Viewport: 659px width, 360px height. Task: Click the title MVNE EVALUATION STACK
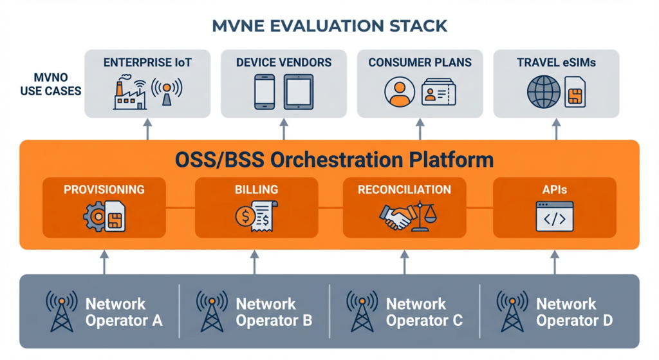[x=329, y=26]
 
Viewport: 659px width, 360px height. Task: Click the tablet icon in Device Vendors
[x=299, y=92]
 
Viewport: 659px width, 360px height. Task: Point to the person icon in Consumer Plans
[x=398, y=91]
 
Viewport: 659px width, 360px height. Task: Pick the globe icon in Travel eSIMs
[x=544, y=92]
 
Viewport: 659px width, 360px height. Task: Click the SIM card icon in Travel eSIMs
[x=575, y=92]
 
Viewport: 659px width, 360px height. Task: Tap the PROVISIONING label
[x=104, y=189]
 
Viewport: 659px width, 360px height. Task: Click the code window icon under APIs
[x=554, y=216]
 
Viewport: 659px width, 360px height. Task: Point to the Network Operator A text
[x=124, y=311]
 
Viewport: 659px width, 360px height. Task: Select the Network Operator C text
[x=423, y=311]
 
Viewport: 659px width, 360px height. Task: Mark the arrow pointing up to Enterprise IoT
[x=147, y=129]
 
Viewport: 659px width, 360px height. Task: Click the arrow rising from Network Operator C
[x=404, y=262]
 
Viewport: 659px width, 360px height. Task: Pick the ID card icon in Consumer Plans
[x=438, y=92]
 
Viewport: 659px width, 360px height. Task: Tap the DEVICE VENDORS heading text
[x=284, y=62]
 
